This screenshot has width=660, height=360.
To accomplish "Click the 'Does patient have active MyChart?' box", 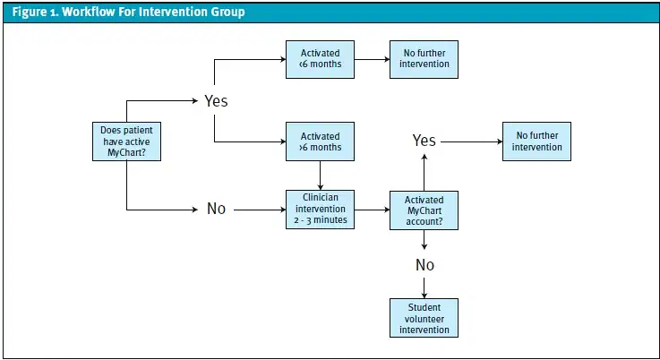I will click(127, 141).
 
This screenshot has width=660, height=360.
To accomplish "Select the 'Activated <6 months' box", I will click(320, 59).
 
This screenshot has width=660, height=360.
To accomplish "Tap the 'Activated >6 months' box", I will click(320, 141).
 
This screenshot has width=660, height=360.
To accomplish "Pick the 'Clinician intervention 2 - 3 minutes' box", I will click(320, 209).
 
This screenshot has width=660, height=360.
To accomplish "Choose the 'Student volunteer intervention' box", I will click(424, 318).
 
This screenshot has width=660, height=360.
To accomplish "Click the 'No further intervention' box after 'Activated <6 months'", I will click(424, 59).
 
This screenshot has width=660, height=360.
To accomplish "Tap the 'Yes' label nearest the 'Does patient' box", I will click(216, 100).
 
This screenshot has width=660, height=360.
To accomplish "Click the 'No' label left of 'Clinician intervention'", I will click(216, 209).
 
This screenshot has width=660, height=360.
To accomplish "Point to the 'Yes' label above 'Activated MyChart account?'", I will click(424, 141).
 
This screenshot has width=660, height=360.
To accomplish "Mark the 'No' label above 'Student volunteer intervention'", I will click(424, 265).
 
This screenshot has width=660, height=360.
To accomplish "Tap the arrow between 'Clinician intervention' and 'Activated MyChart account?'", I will click(371, 210).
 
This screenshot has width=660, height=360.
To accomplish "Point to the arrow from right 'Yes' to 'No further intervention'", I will click(471, 141).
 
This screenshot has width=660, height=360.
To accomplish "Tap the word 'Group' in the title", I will click(224, 13).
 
